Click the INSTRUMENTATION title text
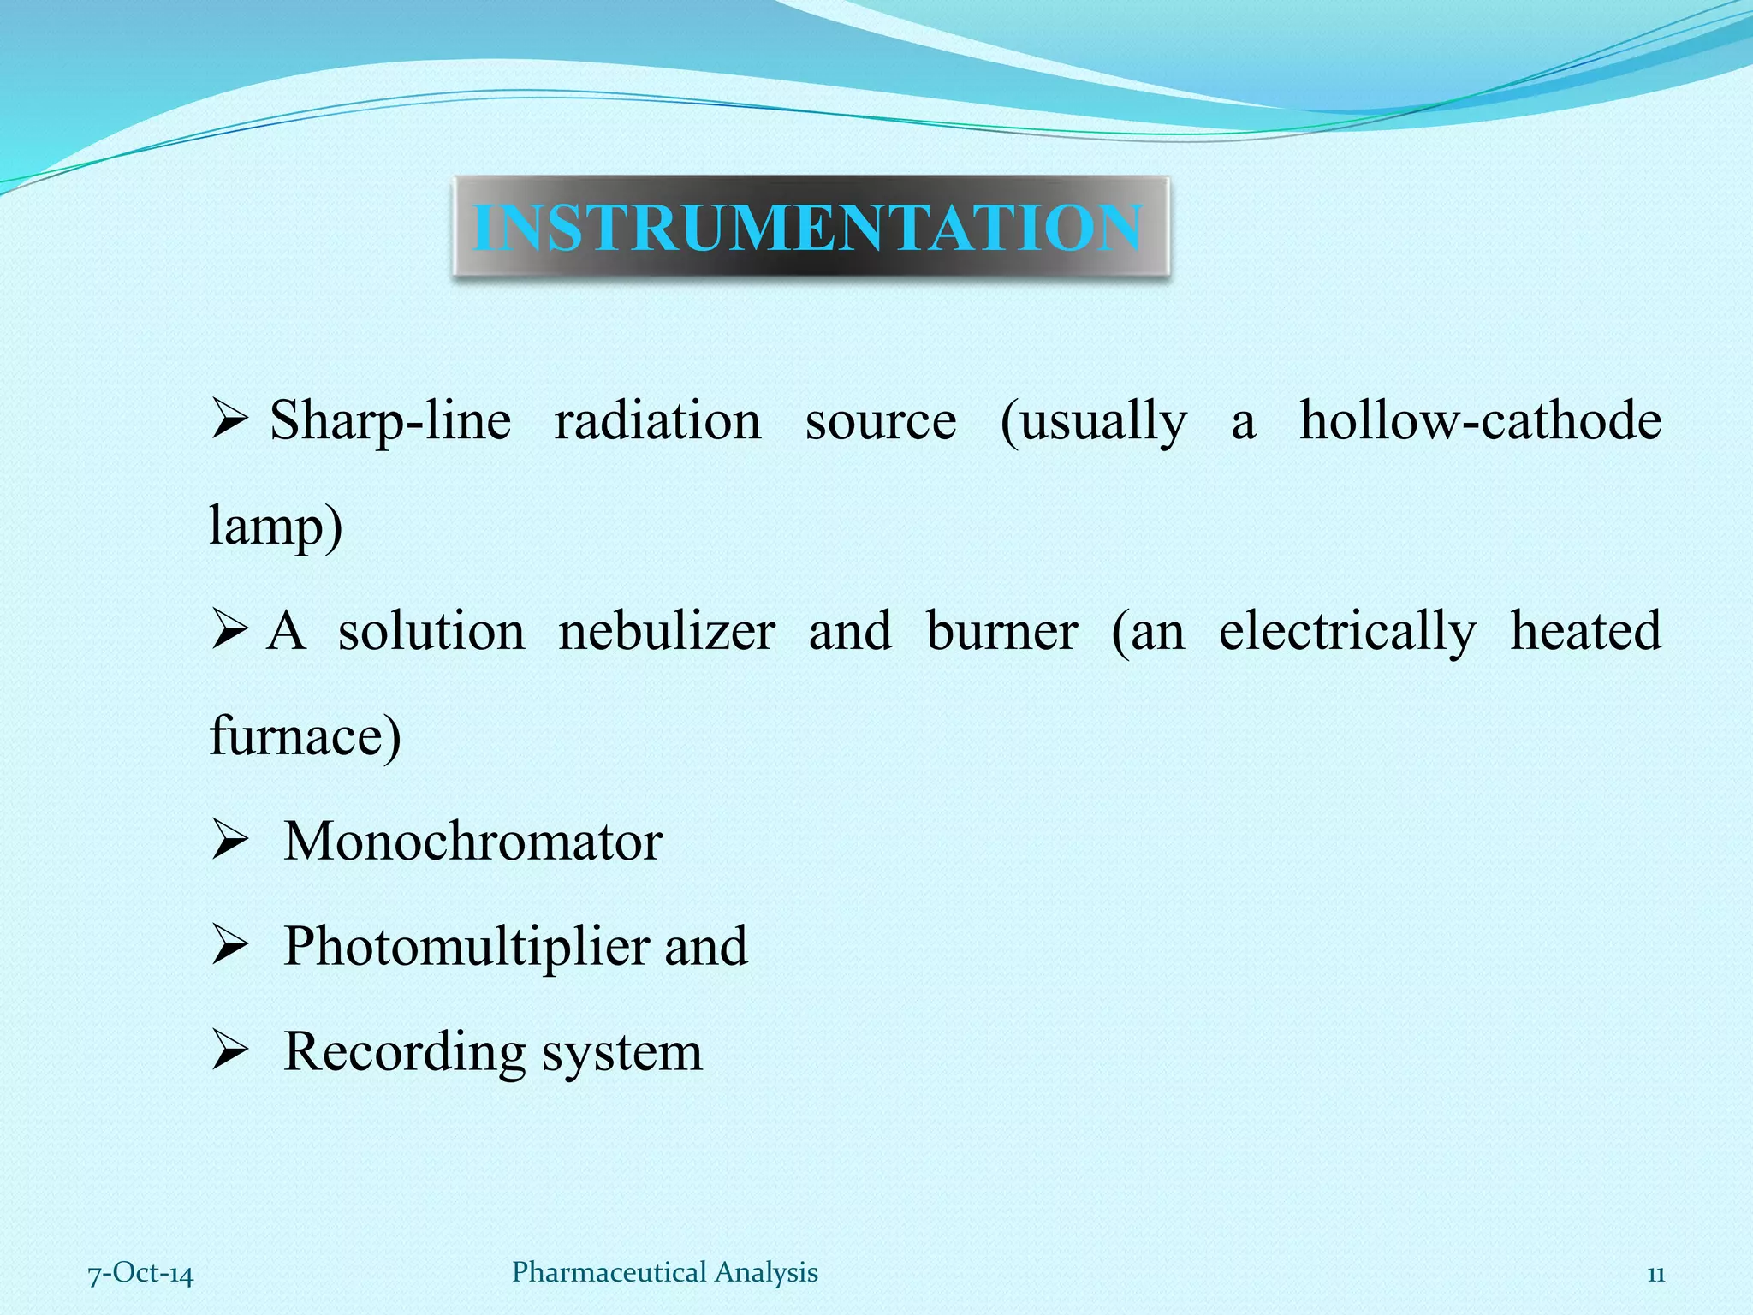pos(808,228)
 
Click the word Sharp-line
pos(390,421)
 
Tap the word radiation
pos(657,421)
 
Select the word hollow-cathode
pos(1480,421)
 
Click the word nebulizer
pos(667,632)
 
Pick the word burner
pos(1001,632)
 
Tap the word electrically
pos(1347,634)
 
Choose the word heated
pos(1585,632)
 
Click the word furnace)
pos(305,736)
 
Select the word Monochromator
pos(472,842)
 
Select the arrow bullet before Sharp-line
pos(229,420)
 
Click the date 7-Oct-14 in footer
pos(141,1274)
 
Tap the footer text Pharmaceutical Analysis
pos(664,1272)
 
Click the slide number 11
pos(1655,1275)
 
